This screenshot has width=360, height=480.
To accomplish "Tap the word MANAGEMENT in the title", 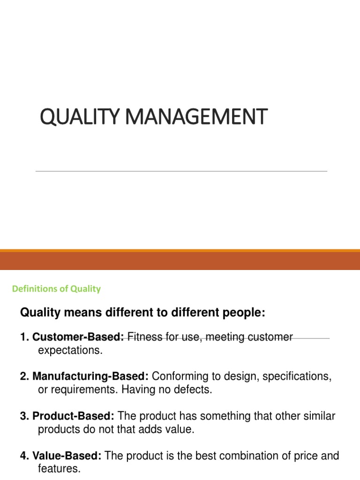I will (x=192, y=117).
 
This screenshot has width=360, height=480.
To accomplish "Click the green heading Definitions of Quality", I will (x=56, y=289).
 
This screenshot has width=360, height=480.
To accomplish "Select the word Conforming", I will (x=176, y=376).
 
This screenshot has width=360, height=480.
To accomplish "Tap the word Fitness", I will (x=143, y=337).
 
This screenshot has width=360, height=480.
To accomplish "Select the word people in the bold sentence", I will (x=246, y=313).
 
